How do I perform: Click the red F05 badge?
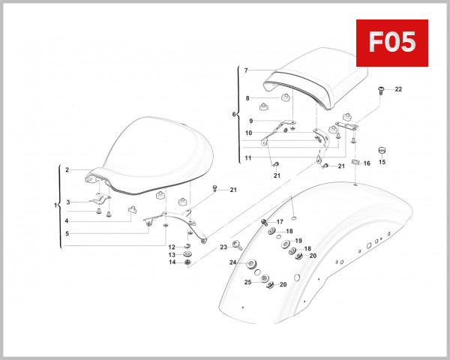pyautogui.click(x=391, y=43)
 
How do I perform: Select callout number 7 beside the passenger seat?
pyautogui.click(x=245, y=70)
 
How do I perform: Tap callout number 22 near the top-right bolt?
pyautogui.click(x=398, y=89)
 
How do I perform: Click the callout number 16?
pyautogui.click(x=367, y=163)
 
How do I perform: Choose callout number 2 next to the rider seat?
pyautogui.click(x=67, y=170)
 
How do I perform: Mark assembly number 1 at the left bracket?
pyautogui.click(x=55, y=205)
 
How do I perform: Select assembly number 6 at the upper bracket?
pyautogui.click(x=234, y=115)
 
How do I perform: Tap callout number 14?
pyautogui.click(x=172, y=262)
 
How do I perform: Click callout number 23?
pyautogui.click(x=223, y=247)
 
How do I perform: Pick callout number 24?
pyautogui.click(x=233, y=262)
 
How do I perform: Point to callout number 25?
pyautogui.click(x=248, y=282)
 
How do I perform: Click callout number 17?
pyautogui.click(x=280, y=222)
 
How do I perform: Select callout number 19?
pyautogui.click(x=298, y=241)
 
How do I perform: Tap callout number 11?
pyautogui.click(x=247, y=158)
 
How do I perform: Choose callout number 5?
pyautogui.click(x=67, y=233)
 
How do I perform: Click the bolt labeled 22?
pyautogui.click(x=382, y=91)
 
